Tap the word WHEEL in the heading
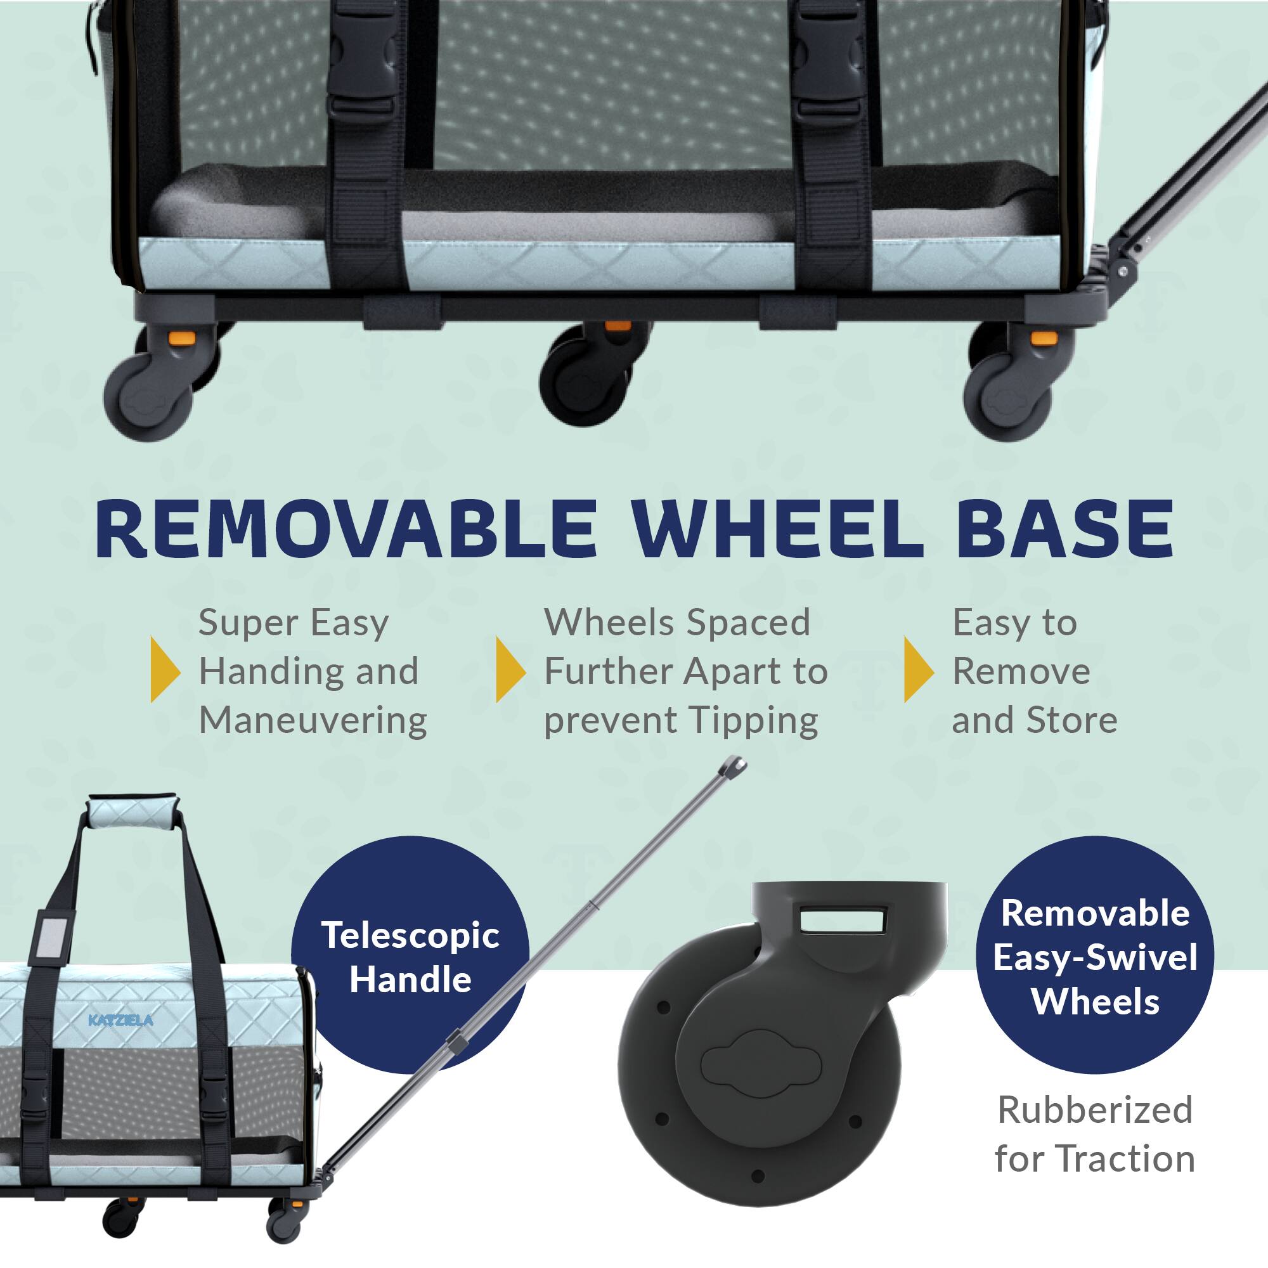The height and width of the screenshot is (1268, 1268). pyautogui.click(x=777, y=529)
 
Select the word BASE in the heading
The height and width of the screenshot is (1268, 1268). pyautogui.click(x=1064, y=529)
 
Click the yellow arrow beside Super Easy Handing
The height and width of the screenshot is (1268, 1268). pyautogui.click(x=165, y=670)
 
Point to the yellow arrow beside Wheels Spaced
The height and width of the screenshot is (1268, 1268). pyautogui.click(x=510, y=670)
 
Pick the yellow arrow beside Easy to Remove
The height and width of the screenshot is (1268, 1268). pyautogui.click(x=918, y=670)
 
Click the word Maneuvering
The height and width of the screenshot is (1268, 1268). pyautogui.click(x=313, y=720)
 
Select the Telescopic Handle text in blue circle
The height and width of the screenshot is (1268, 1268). pyautogui.click(x=410, y=957)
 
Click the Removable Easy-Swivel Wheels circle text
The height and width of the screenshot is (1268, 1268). pyautogui.click(x=1095, y=957)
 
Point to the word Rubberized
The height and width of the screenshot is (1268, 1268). pyautogui.click(x=1095, y=1110)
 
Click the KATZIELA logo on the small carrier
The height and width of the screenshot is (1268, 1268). pyautogui.click(x=120, y=1021)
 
